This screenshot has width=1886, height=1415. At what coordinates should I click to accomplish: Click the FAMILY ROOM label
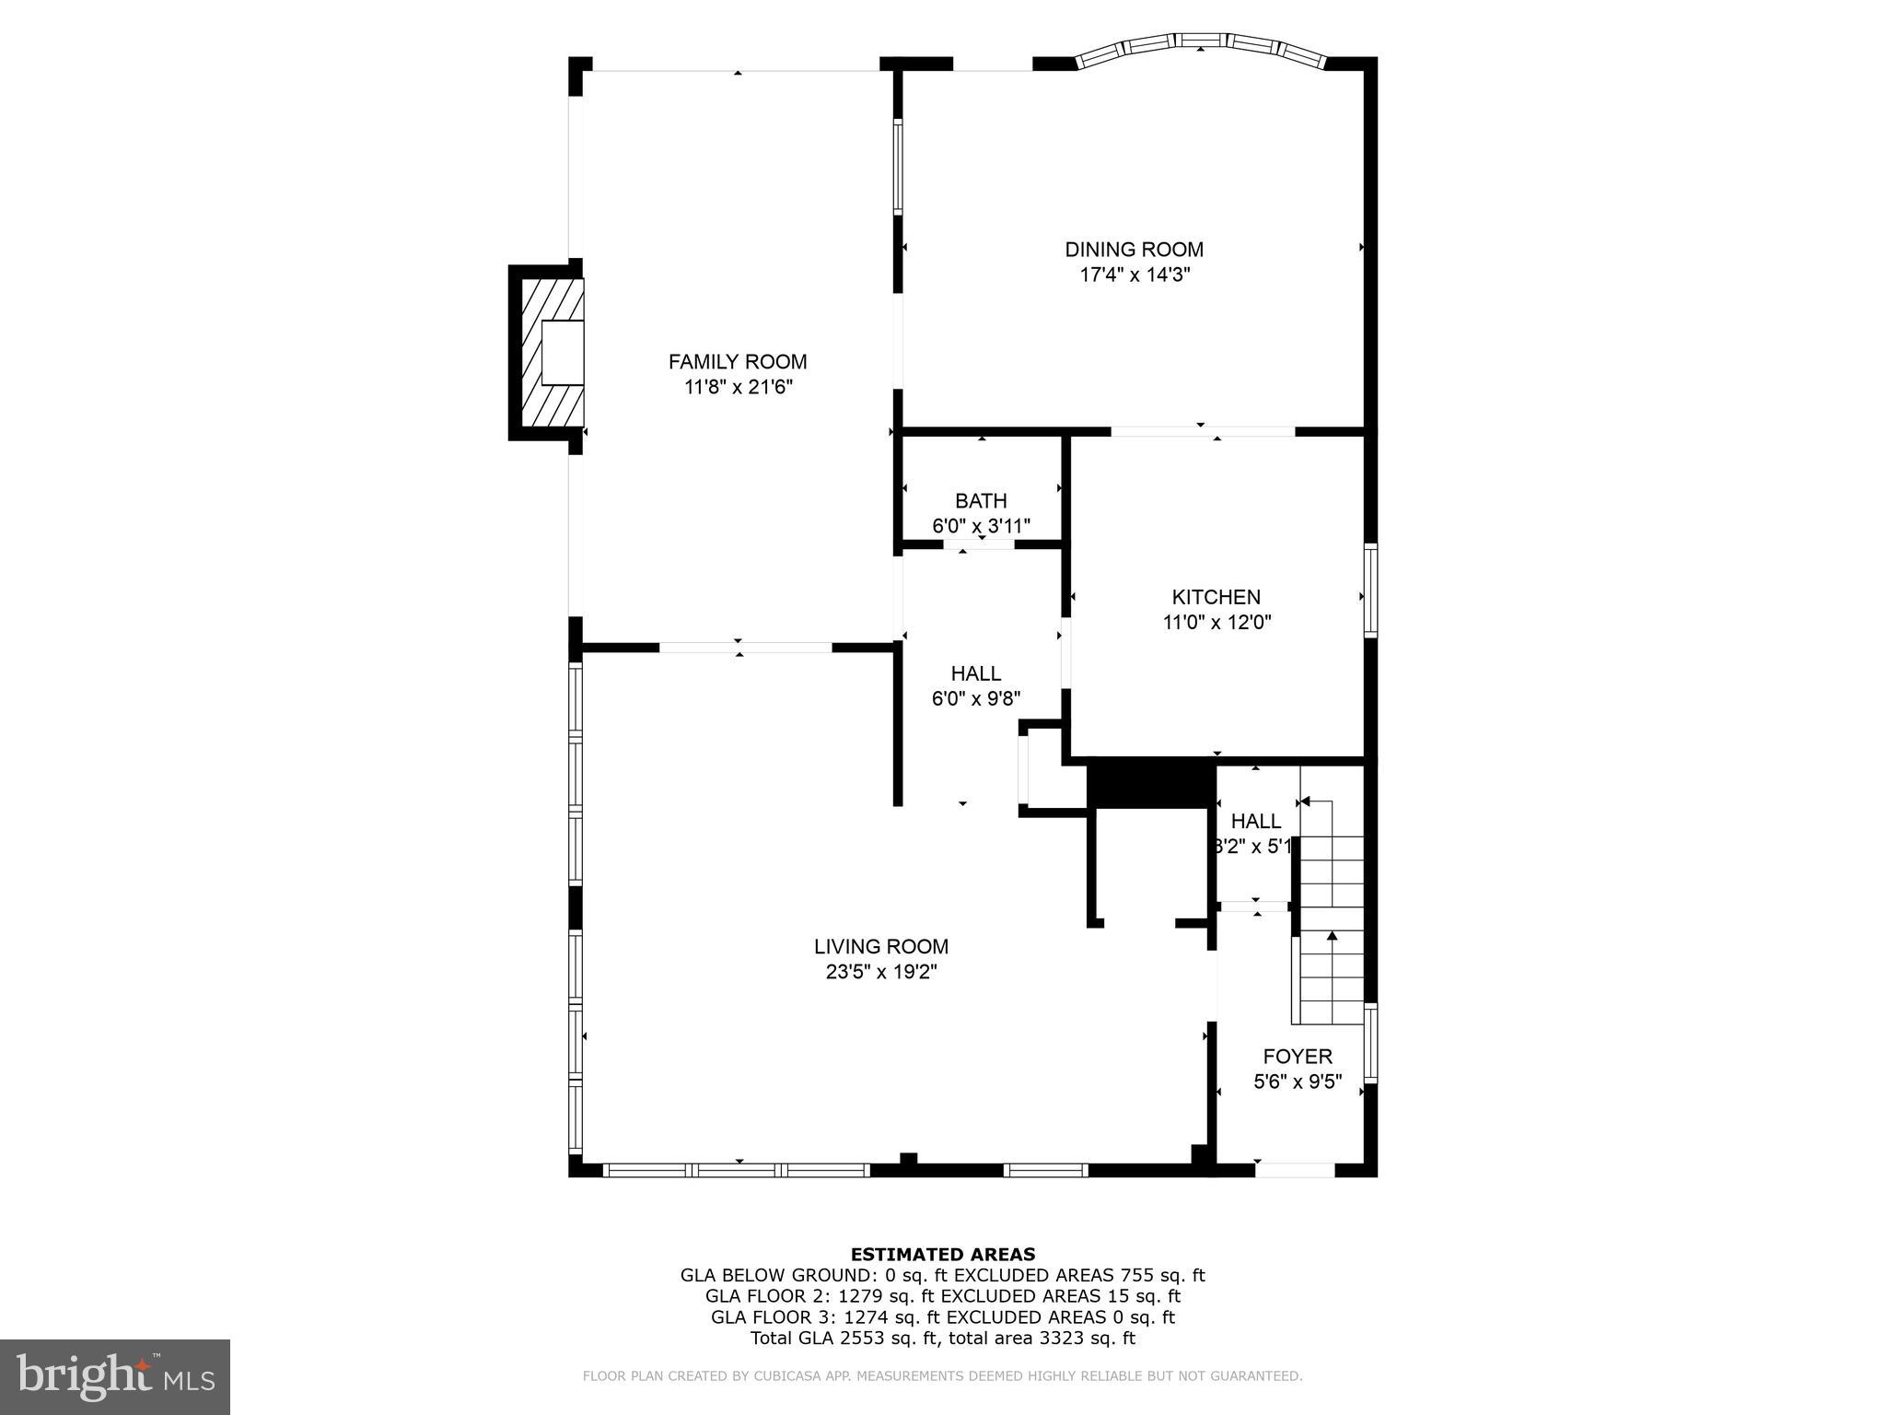(x=737, y=361)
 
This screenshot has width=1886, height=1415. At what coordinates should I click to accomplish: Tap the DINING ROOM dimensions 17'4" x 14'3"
(x=1135, y=275)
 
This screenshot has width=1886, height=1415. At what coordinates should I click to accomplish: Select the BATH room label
(x=981, y=501)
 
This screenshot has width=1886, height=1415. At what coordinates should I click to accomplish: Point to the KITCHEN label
(x=1216, y=597)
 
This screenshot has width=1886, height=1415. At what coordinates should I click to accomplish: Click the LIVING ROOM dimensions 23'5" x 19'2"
(x=881, y=972)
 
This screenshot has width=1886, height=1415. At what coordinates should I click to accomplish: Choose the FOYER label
(x=1297, y=1057)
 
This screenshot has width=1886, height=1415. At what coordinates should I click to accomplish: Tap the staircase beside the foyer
(x=1330, y=921)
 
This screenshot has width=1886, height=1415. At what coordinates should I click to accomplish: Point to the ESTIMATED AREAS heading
(x=942, y=1254)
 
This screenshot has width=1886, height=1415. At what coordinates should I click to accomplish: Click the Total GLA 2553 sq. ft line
(x=942, y=1339)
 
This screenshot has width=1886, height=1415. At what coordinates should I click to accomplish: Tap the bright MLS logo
(x=115, y=1378)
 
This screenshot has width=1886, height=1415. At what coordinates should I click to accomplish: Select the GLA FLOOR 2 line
(x=942, y=1296)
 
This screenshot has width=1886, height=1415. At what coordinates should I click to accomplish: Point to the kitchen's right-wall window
(x=1370, y=591)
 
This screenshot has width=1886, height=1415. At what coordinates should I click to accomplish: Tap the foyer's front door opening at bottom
(x=1295, y=1170)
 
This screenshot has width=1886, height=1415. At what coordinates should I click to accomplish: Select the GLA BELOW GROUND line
(x=942, y=1275)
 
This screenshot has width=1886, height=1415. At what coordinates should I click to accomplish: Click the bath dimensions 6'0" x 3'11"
(x=981, y=527)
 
